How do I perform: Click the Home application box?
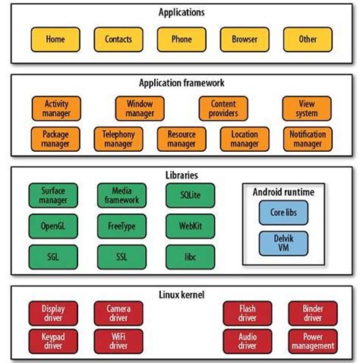pyautogui.click(x=55, y=38)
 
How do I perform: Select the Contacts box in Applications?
pyautogui.click(x=118, y=38)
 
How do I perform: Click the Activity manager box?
pyautogui.click(x=56, y=108)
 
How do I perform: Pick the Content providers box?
pyautogui.click(x=223, y=108)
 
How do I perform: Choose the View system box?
pyautogui.click(x=306, y=108)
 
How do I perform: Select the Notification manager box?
pyautogui.click(x=306, y=138)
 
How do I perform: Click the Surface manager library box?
pyautogui.click(x=53, y=195)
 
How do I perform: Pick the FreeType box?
pyautogui.click(x=122, y=226)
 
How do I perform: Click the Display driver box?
pyautogui.click(x=53, y=312)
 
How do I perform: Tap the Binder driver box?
pyautogui.click(x=311, y=312)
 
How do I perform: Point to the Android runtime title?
pyautogui.click(x=283, y=192)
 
